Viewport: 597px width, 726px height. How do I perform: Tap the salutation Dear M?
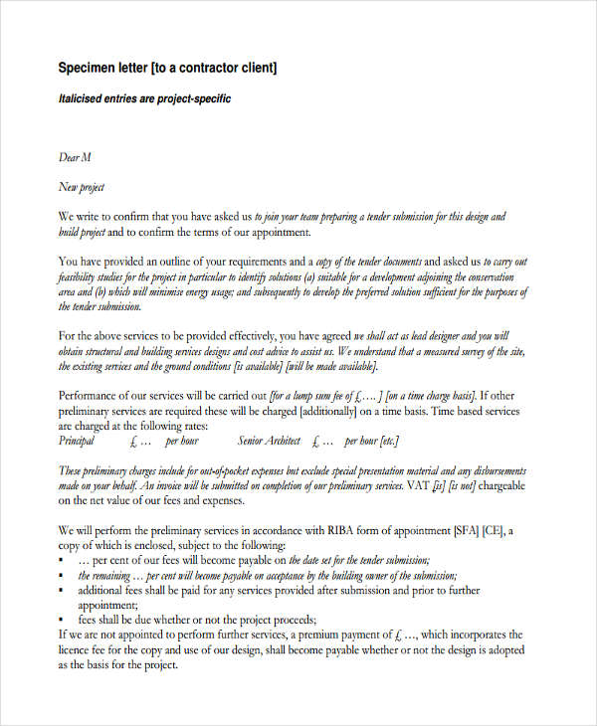coord(76,157)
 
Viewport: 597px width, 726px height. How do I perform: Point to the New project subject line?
coord(82,187)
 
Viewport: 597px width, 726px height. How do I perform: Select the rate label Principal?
coord(77,440)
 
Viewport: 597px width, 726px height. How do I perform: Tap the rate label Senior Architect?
coord(270,440)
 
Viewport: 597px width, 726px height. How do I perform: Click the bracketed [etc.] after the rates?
coord(387,440)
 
